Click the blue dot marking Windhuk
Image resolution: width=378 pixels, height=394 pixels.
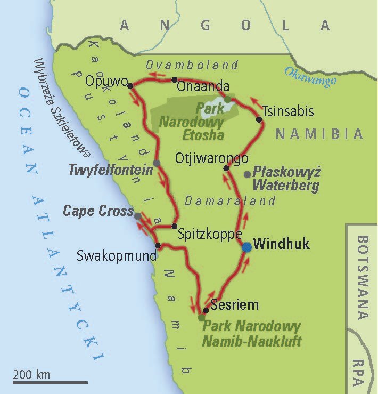pyautogui.click(x=246, y=247)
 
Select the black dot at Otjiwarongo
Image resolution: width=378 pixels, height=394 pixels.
pyautogui.click(x=226, y=168)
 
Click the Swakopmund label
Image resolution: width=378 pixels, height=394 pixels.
pyautogui.click(x=117, y=255)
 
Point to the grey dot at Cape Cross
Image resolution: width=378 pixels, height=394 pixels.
pyautogui.click(x=138, y=216)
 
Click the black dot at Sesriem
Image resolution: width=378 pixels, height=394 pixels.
pyautogui.click(x=206, y=310)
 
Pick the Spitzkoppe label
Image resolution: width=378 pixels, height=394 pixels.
pyautogui.click(x=210, y=234)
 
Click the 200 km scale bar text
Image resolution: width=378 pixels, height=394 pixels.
pyautogui.click(x=31, y=374)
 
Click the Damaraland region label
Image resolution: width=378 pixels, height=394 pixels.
pyautogui.click(x=230, y=201)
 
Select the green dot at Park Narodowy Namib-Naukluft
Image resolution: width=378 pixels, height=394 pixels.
pyautogui.click(x=201, y=318)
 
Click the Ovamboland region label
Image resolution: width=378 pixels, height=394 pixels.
pyautogui.click(x=192, y=65)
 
